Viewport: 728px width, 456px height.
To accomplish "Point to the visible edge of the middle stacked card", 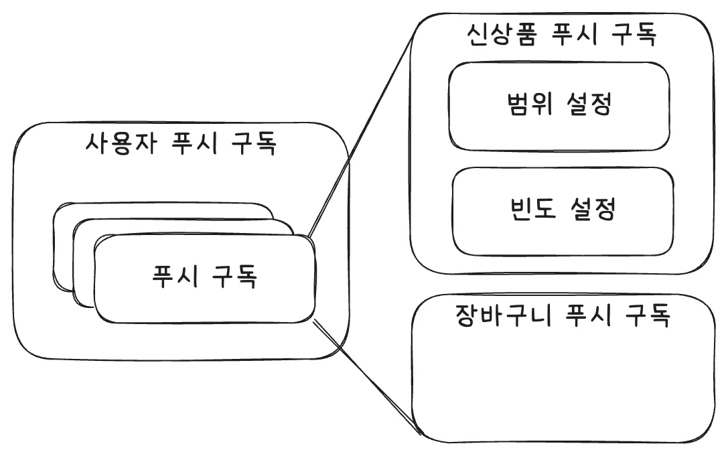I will (83, 268).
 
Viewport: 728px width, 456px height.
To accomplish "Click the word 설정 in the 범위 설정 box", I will (589, 106).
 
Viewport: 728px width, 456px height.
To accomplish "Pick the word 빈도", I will (526, 210).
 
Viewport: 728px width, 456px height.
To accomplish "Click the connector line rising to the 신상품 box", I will (362, 133).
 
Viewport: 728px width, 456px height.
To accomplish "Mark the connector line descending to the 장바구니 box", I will (365, 378).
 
